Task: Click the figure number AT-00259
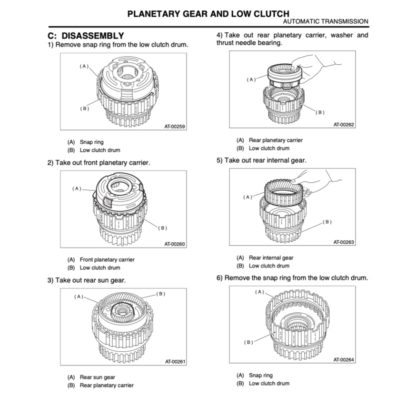175,127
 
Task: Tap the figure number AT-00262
344,125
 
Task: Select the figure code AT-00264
344,360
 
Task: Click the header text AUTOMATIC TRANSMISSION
325,21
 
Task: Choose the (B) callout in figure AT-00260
163,228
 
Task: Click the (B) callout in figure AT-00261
161,293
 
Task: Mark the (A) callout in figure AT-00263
248,197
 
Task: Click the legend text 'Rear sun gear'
98,377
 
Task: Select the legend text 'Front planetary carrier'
107,260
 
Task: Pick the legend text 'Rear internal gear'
271,258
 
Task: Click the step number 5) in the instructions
219,160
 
